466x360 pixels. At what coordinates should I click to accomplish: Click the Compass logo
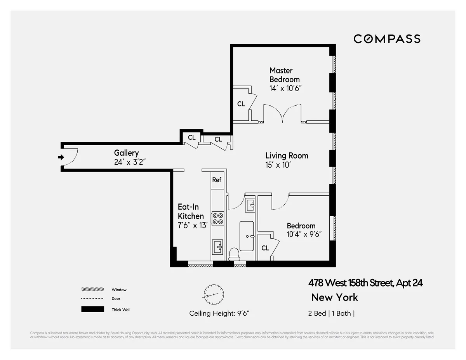[x=387, y=39]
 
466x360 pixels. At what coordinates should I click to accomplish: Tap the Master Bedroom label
[x=285, y=75]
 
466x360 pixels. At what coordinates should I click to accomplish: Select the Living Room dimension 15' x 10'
[x=278, y=165]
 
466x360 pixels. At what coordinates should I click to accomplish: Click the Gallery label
[x=126, y=153]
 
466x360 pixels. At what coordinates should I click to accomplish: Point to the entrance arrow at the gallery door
[x=61, y=157]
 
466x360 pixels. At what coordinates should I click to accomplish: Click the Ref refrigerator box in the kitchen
[x=217, y=180]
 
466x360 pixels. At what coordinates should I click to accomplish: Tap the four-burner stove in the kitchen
[x=218, y=218]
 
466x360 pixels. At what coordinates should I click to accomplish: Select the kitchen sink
[x=218, y=246]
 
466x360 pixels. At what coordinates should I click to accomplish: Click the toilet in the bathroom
[x=234, y=254]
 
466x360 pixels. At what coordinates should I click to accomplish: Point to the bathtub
[x=247, y=236]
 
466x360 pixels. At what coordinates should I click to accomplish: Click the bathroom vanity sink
[x=250, y=205]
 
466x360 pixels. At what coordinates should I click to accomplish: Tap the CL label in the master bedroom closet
[x=241, y=104]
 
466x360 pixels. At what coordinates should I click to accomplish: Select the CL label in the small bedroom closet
[x=265, y=248]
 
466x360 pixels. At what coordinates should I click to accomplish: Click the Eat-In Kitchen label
[x=191, y=212]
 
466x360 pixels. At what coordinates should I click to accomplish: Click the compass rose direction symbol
[x=214, y=295]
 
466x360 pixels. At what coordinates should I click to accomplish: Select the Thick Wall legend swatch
[x=93, y=310]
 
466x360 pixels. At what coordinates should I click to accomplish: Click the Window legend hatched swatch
[x=93, y=290]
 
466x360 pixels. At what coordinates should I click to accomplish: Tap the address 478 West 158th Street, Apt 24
[x=365, y=283]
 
